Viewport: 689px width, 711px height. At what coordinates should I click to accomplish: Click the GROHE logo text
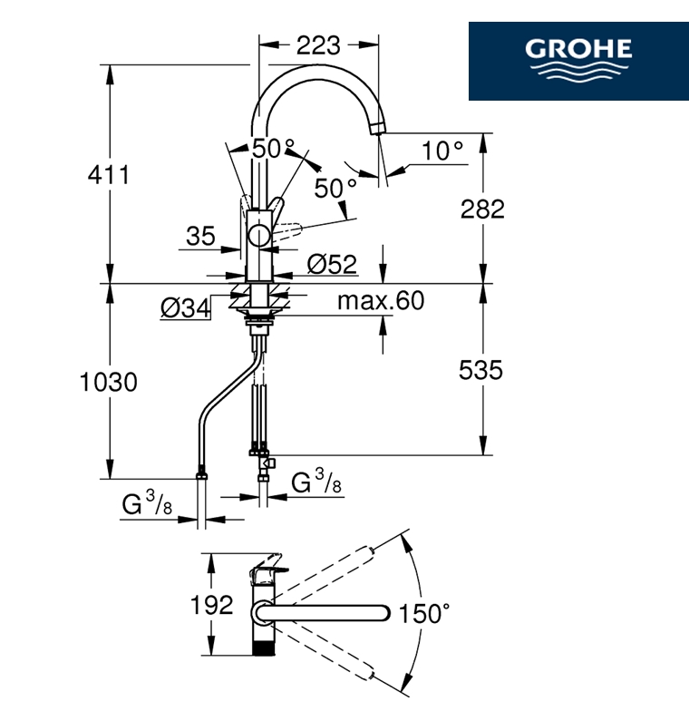tap(578, 48)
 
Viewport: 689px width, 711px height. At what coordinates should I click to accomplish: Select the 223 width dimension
tap(318, 45)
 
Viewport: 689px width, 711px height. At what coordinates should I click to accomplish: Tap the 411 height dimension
tap(109, 174)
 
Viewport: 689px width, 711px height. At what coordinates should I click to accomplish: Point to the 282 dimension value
tap(482, 209)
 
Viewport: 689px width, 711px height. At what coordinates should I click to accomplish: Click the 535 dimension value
tap(480, 370)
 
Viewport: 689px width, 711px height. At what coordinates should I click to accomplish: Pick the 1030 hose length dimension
tap(109, 382)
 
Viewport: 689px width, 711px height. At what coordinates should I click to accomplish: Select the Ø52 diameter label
tap(332, 264)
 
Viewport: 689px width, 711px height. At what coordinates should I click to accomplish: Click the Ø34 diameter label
tap(185, 308)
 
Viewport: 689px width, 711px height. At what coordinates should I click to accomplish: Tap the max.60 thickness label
tap(381, 300)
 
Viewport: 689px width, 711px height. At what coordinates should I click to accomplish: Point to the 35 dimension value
tap(201, 236)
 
